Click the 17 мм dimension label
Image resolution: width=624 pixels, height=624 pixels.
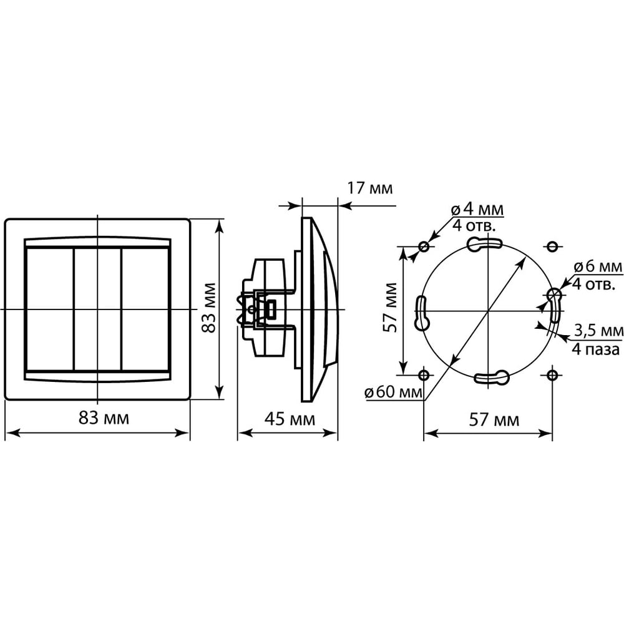coord(370,188)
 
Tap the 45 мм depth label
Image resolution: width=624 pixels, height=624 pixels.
coord(290,419)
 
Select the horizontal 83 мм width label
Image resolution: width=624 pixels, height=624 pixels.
coord(104,418)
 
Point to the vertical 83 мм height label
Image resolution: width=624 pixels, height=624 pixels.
coord(208,308)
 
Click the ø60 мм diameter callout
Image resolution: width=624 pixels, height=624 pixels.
coord(393,392)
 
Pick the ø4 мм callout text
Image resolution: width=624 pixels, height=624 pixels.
coord(477,209)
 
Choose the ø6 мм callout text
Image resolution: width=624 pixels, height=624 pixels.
coord(598,266)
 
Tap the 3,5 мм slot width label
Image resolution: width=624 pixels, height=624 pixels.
coord(598,330)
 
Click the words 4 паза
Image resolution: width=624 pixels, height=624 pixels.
coord(596,349)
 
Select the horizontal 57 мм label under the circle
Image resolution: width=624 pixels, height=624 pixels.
coord(494,420)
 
